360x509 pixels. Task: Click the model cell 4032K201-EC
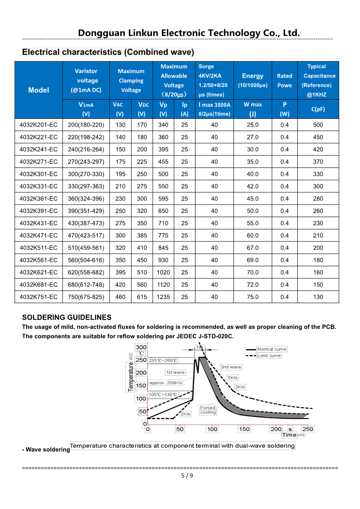(39, 125)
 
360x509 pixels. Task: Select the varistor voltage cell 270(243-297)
(86, 162)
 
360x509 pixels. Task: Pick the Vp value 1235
(163, 297)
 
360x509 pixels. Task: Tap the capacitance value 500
(318, 125)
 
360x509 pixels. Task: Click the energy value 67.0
(252, 248)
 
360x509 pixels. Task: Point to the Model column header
(39, 90)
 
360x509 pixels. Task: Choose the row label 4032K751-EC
(39, 297)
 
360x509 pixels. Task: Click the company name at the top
(189, 33)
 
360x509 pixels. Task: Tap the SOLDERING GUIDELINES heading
(67, 318)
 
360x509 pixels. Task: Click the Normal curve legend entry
(272, 349)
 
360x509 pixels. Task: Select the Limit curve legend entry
(269, 355)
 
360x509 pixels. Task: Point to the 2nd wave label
(230, 367)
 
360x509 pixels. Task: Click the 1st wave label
(175, 372)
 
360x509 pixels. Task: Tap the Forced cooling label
(208, 410)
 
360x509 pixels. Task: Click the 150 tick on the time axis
(244, 429)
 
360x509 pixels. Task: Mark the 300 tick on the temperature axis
(141, 347)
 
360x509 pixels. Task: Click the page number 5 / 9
(187, 476)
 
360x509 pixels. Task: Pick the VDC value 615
(142, 297)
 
